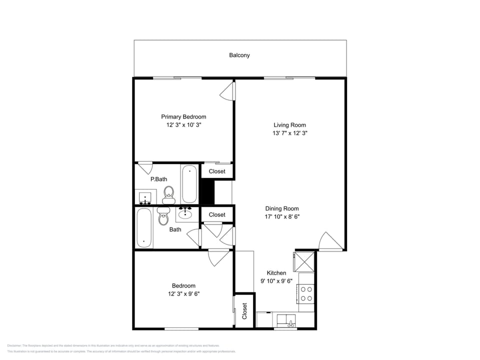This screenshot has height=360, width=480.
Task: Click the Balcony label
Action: tap(239, 55)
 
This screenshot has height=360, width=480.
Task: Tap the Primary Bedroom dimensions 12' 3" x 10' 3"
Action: tap(183, 125)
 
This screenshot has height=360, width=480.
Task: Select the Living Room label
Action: tap(289, 125)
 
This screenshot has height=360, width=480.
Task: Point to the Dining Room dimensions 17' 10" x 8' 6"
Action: tap(282, 217)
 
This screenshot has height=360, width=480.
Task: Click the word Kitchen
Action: tap(276, 273)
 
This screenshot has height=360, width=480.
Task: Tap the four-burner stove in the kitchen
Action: tap(306, 293)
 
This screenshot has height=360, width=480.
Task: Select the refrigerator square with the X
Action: tap(303, 261)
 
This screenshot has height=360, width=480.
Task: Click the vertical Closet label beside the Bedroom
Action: tap(244, 311)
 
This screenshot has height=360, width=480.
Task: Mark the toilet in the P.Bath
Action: tap(168, 194)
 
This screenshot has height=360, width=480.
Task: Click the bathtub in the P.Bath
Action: tap(189, 184)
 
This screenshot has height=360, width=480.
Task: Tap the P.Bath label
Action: tap(158, 179)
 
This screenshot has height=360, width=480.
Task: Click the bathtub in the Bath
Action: tap(144, 228)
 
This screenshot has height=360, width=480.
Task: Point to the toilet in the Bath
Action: tap(163, 217)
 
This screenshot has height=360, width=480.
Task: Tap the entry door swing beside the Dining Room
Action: tap(330, 241)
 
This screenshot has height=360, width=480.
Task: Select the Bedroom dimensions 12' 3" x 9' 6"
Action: tap(183, 294)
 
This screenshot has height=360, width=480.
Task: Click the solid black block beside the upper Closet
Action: tap(207, 192)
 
